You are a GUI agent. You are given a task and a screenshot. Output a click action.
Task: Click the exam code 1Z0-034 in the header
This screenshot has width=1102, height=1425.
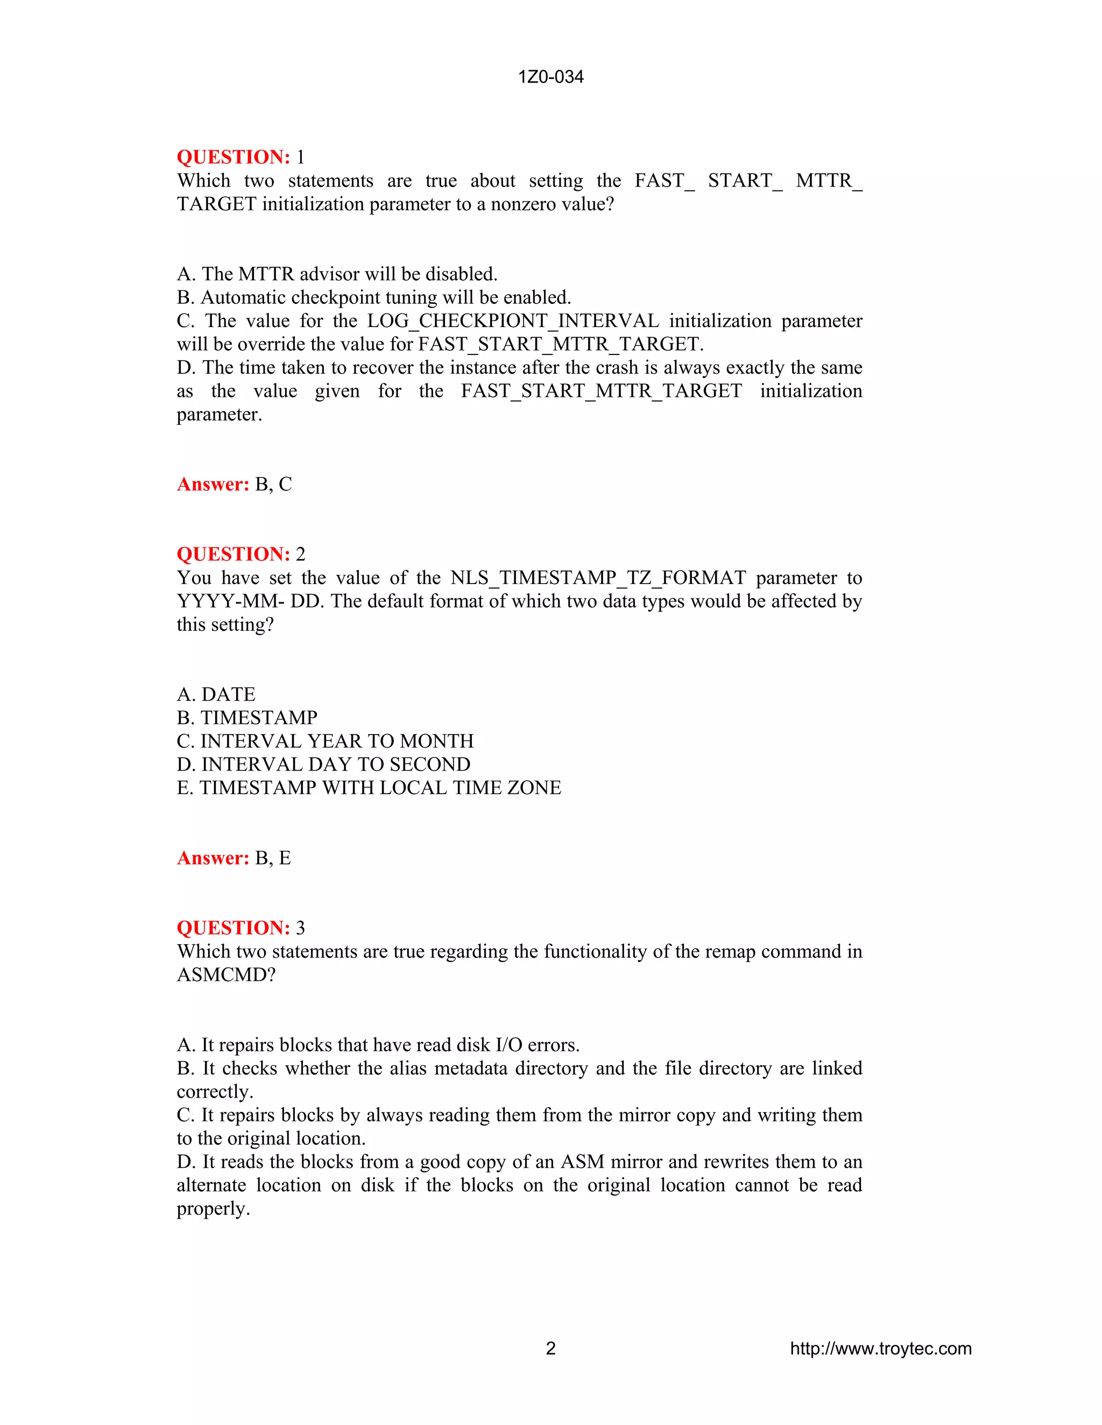tap(550, 77)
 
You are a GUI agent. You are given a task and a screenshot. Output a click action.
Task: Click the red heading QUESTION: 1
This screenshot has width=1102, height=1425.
tap(240, 157)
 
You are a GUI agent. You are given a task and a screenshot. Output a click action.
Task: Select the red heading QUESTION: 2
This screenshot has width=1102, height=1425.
tap(240, 554)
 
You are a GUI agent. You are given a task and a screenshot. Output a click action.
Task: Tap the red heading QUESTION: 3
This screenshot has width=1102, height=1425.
tap(240, 928)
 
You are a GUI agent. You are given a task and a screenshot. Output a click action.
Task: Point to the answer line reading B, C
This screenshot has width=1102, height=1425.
tap(235, 484)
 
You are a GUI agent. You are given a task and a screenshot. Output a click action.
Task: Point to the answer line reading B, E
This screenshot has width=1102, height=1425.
tap(234, 858)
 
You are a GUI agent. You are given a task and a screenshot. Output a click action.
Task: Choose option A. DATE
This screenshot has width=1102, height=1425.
tap(216, 694)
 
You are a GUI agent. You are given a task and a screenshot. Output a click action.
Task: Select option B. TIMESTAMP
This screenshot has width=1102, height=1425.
tap(247, 718)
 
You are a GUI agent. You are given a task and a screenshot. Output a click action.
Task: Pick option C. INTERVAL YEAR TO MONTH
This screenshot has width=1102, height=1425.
tap(325, 741)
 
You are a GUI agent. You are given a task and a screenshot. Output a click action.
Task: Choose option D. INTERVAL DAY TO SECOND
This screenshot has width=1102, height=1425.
tap(323, 764)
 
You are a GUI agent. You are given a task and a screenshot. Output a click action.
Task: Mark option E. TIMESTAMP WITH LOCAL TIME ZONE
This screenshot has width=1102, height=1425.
tap(369, 788)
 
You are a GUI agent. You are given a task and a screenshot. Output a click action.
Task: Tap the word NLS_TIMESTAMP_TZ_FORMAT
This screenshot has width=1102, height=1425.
tap(598, 578)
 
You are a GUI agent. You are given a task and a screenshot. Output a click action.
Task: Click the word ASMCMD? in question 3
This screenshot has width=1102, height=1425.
tap(227, 975)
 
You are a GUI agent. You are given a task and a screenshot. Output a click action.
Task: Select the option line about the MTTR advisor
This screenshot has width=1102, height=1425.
tap(337, 274)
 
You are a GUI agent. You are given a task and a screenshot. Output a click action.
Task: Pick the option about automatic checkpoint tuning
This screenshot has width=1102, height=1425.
tap(374, 297)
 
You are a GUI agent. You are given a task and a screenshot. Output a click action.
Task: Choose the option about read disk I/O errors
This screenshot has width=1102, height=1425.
tap(378, 1045)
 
